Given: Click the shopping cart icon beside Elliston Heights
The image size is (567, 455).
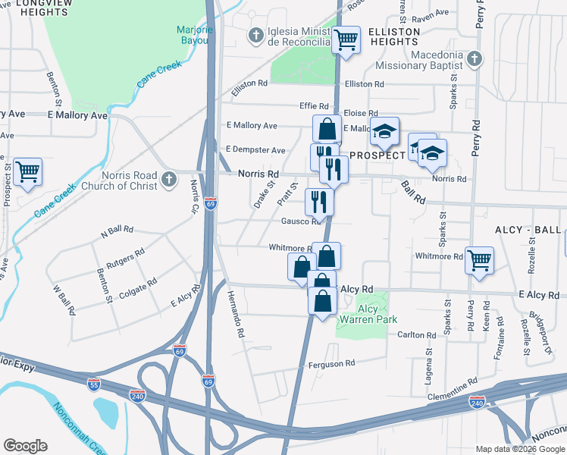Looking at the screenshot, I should (x=346, y=39).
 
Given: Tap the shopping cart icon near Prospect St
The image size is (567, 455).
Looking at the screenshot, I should (x=27, y=172).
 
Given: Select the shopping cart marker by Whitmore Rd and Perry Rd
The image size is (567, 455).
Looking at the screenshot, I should (x=479, y=261).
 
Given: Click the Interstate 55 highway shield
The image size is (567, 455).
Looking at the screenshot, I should (x=93, y=384).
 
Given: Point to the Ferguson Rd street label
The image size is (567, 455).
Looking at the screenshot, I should (x=331, y=364).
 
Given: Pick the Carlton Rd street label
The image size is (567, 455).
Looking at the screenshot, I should (x=416, y=335).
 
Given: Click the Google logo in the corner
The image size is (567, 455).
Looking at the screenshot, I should (x=25, y=446).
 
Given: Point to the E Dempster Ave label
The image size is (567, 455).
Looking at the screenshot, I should (x=255, y=150).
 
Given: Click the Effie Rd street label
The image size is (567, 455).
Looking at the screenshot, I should (x=314, y=106).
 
